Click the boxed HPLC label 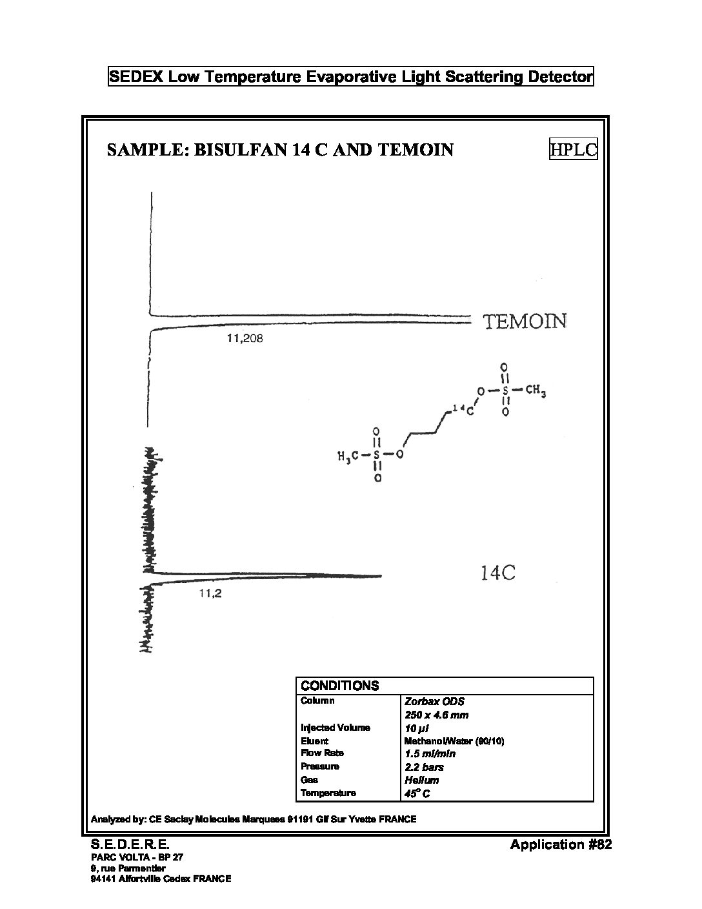coord(573,149)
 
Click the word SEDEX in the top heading coord(136,77)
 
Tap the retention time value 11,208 coord(245,338)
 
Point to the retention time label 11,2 coord(210,593)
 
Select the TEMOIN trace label coord(525,322)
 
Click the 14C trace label coord(498,573)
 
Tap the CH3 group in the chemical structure coord(535,391)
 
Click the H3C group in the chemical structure coord(348,456)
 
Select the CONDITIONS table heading coord(339,686)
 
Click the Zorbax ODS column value coord(434,702)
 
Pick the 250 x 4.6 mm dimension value coord(437,715)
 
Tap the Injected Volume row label coord(336,728)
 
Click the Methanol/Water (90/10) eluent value coord(454,741)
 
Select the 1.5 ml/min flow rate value coord(430,754)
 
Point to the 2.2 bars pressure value coord(424,767)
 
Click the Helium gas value coord(421,780)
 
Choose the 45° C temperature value coord(417,793)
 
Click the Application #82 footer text coord(561,844)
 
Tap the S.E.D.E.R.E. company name coord(130,844)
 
